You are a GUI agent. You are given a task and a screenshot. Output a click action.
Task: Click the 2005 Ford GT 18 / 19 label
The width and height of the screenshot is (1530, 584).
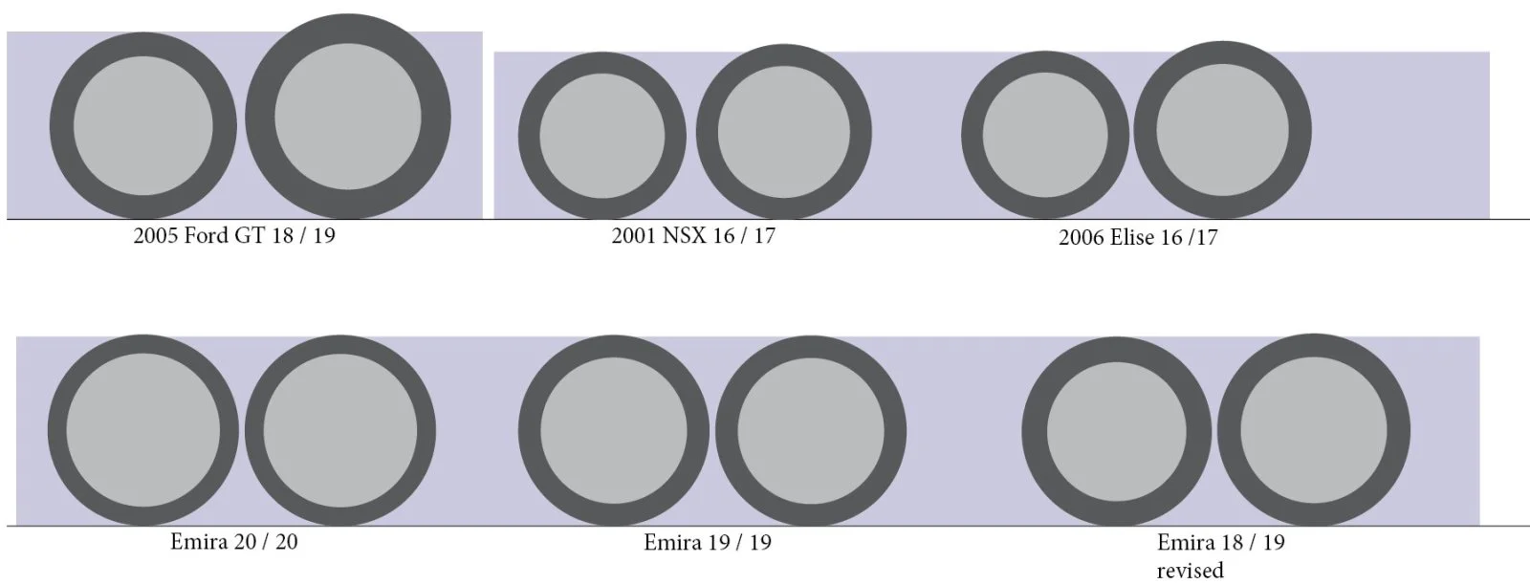234,235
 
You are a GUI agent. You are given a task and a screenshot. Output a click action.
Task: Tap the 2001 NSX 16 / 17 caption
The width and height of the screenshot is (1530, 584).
693,235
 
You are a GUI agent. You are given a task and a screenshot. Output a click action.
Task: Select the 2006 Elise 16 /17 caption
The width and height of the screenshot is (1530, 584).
1138,238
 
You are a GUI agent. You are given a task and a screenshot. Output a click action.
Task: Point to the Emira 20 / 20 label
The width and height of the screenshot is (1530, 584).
234,541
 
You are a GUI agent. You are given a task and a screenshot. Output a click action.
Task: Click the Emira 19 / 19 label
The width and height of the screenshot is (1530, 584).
708,543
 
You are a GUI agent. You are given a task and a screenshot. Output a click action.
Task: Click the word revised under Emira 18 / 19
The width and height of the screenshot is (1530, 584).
1190,571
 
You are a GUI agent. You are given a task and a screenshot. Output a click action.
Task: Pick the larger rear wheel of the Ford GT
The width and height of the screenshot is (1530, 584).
347,117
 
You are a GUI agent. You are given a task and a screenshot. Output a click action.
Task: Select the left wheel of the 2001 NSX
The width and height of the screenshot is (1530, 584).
602,135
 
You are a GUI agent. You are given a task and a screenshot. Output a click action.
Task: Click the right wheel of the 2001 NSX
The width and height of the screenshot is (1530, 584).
784,132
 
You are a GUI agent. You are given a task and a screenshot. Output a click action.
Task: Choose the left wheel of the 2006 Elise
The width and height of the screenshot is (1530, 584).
1045,135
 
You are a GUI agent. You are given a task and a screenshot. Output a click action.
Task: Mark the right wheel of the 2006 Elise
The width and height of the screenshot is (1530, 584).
1223,130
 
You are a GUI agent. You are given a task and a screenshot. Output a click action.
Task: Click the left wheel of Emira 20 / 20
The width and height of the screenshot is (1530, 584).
142,430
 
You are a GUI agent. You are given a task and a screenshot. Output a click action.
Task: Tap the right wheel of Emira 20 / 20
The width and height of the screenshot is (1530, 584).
339,430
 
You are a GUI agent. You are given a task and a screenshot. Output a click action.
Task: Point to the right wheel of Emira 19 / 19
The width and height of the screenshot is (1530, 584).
810,430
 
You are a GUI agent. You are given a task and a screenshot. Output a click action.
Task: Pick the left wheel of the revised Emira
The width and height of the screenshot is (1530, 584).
1117,432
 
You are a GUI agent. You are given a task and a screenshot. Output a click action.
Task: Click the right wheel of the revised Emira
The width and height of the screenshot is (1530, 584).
1313,430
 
